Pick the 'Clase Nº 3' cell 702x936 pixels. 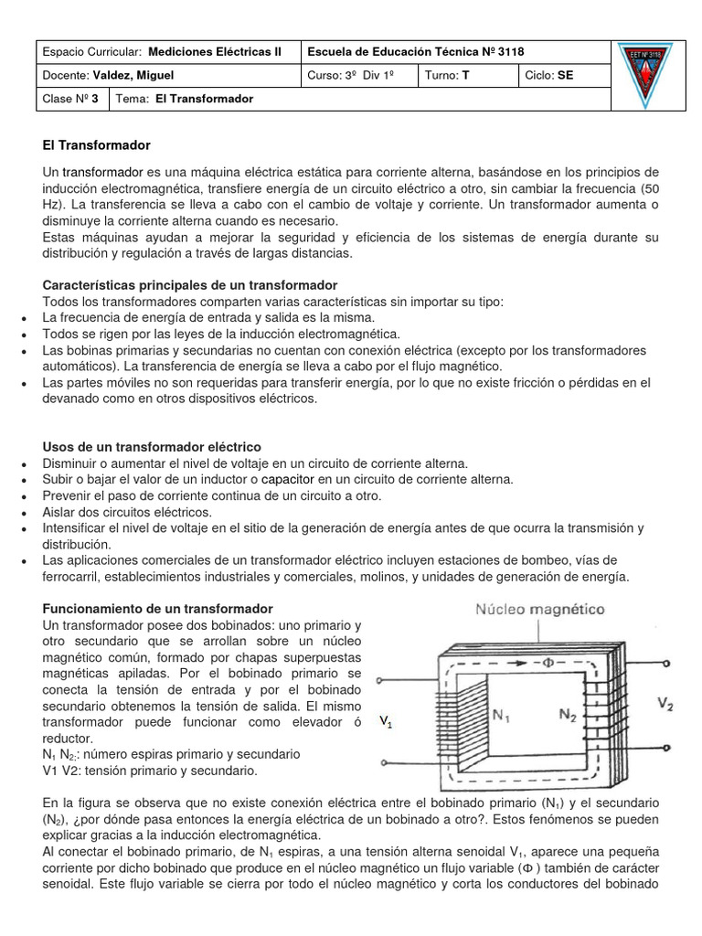71,99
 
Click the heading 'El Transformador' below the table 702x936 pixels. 96,145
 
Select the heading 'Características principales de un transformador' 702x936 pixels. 190,285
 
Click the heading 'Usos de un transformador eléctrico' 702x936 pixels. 152,447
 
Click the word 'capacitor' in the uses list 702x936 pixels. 288,479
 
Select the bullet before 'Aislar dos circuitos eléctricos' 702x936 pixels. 22,513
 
